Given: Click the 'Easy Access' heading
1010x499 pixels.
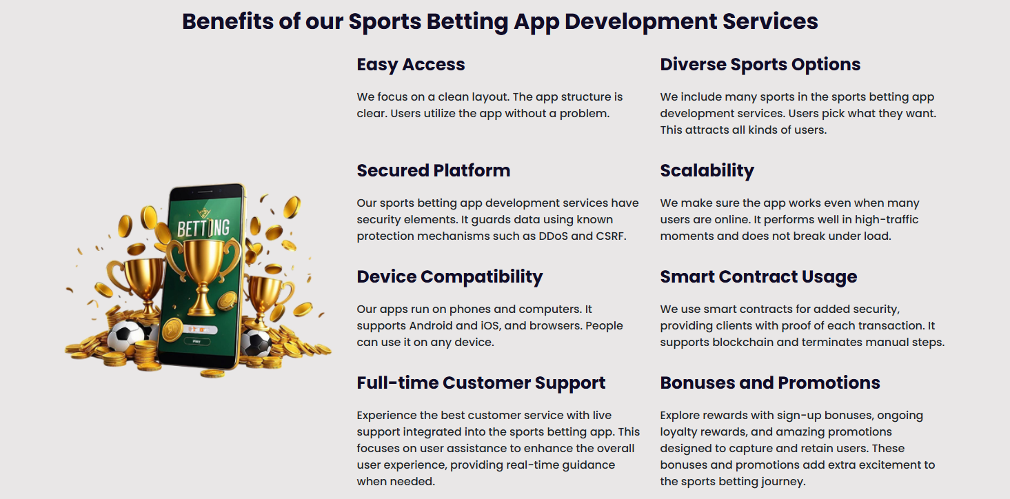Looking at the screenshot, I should tap(411, 65).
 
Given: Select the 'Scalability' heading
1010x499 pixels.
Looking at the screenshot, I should tap(707, 171).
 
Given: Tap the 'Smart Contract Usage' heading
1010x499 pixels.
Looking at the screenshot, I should tap(758, 277).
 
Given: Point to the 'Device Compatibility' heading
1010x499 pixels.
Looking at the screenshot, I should tap(450, 277).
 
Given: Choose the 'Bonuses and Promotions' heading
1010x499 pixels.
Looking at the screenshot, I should tap(770, 383).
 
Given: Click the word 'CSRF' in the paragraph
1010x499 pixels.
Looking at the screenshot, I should tap(611, 236).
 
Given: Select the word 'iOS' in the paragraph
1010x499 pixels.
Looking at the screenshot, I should tap(491, 326).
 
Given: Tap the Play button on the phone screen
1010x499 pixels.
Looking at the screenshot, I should tap(197, 341).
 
